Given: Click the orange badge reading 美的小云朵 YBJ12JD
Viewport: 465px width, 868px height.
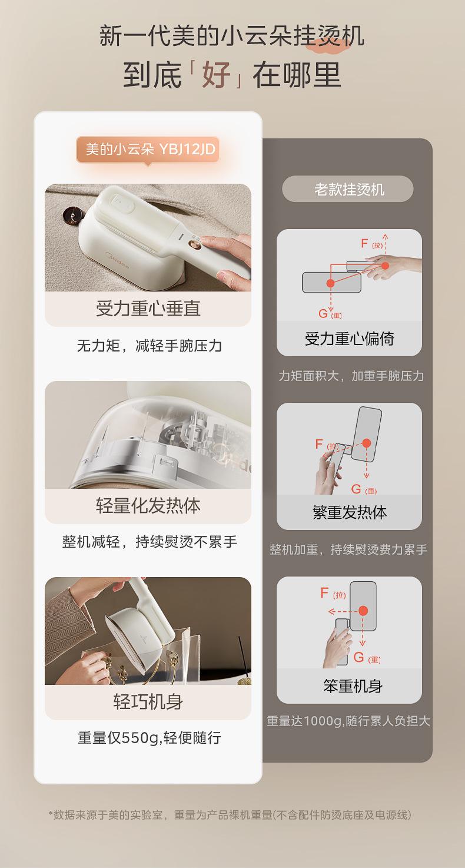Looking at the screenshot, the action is (148, 149).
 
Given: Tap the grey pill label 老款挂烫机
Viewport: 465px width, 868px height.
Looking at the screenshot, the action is (348, 189).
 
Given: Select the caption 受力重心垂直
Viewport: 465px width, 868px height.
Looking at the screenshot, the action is (148, 309).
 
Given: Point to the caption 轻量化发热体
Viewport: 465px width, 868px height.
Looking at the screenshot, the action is (148, 506).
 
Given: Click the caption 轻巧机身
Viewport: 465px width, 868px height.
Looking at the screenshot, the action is (148, 702).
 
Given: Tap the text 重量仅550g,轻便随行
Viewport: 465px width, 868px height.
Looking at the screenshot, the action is (150, 737).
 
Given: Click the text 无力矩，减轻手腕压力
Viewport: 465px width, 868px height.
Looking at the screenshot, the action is (150, 345).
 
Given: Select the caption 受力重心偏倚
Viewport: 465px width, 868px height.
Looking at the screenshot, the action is (349, 339).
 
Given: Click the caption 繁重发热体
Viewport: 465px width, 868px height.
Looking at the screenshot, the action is (349, 512).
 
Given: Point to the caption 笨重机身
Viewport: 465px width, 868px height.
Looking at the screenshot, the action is (353, 686).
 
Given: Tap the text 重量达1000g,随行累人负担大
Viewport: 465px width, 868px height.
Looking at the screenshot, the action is (348, 721).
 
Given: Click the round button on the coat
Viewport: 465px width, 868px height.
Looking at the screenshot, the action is (72, 215).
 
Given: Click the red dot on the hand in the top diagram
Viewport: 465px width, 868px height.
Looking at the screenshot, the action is (385, 266).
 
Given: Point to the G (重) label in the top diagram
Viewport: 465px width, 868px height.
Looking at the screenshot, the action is (330, 313).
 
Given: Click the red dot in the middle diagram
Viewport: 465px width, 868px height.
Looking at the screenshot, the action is (366, 443).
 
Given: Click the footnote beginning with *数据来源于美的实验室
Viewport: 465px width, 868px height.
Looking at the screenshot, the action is (230, 814).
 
